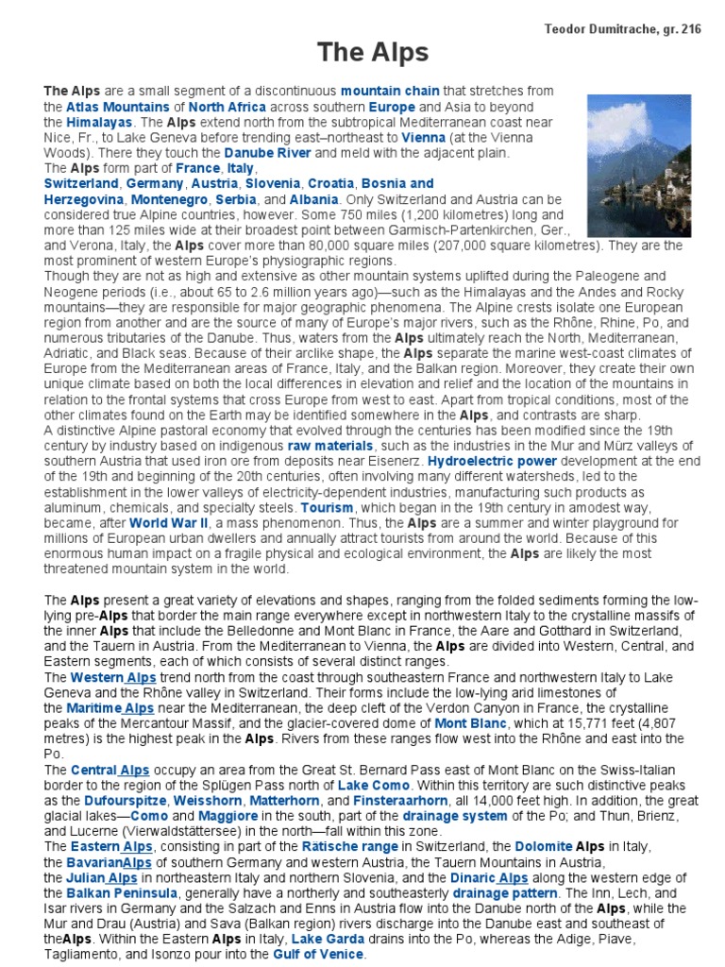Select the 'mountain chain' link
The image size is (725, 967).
[390, 92]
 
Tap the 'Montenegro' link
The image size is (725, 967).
[165, 200]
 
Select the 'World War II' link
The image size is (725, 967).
[170, 522]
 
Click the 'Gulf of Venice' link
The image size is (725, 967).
[317, 954]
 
